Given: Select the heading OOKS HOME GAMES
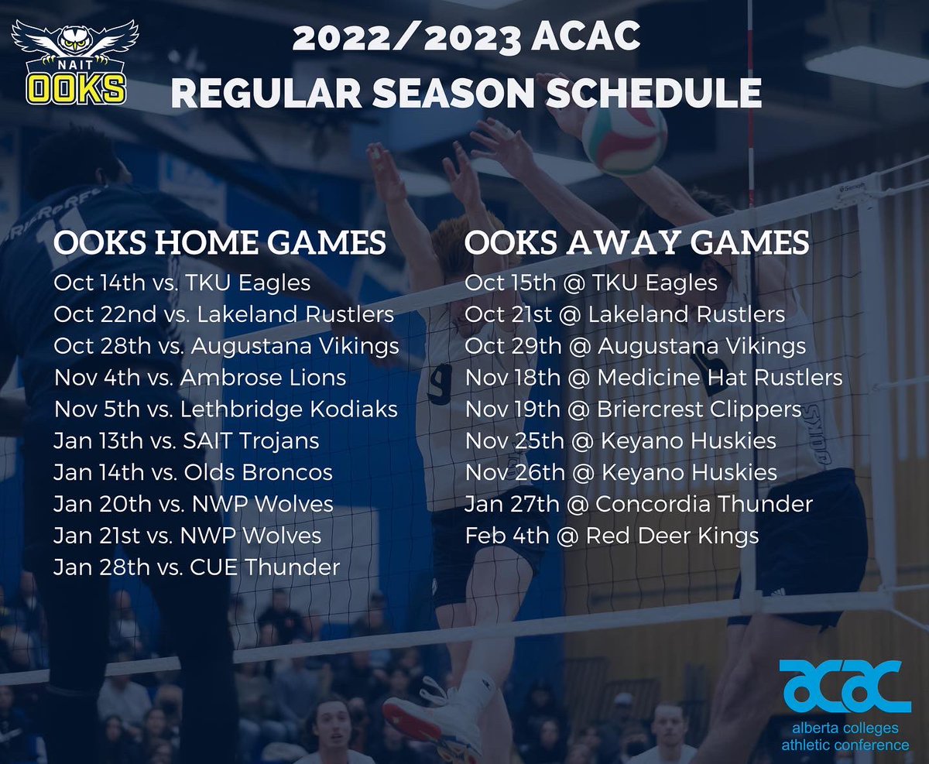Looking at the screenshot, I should tap(220, 243).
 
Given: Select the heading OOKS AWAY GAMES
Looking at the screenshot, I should tap(636, 243).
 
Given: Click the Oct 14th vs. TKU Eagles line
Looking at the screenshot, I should tap(182, 283).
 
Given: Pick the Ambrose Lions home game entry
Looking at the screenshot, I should tap(200, 378).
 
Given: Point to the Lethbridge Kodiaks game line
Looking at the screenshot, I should tap(225, 409).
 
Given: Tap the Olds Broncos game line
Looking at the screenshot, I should tap(193, 472).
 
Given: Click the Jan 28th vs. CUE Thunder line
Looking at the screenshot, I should tap(197, 567).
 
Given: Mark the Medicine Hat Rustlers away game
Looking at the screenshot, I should tap(653, 378).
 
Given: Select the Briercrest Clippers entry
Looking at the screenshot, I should tap(632, 409).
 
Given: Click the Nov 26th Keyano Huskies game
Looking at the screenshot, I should tap(620, 472).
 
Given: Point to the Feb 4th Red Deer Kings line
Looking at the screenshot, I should tap(612, 536).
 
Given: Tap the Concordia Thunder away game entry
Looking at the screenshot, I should tap(639, 504).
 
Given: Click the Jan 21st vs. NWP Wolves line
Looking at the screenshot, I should tap(187, 536).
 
